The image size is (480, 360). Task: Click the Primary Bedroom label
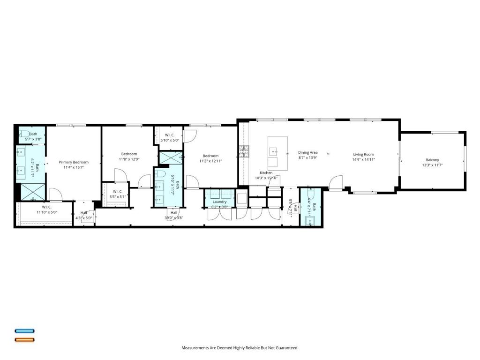coord(74,162)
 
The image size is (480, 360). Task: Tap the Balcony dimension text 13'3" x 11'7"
coord(432,165)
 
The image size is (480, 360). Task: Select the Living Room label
coord(363,154)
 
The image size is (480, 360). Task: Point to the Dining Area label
coord(308,152)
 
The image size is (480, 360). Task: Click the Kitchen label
coord(266,173)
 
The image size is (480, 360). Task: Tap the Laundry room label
coord(219,202)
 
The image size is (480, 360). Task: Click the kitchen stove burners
coord(245,150)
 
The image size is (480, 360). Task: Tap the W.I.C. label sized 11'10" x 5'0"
coord(46,207)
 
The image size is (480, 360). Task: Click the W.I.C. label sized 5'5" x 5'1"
coord(117,191)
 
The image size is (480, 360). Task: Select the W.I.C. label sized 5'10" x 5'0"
coord(170,135)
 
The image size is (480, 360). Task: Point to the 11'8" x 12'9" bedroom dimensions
coord(129,159)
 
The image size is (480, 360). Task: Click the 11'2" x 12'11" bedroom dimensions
coord(210,161)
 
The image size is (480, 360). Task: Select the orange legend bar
coord(24,339)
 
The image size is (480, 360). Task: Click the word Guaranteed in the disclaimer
coord(287,348)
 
